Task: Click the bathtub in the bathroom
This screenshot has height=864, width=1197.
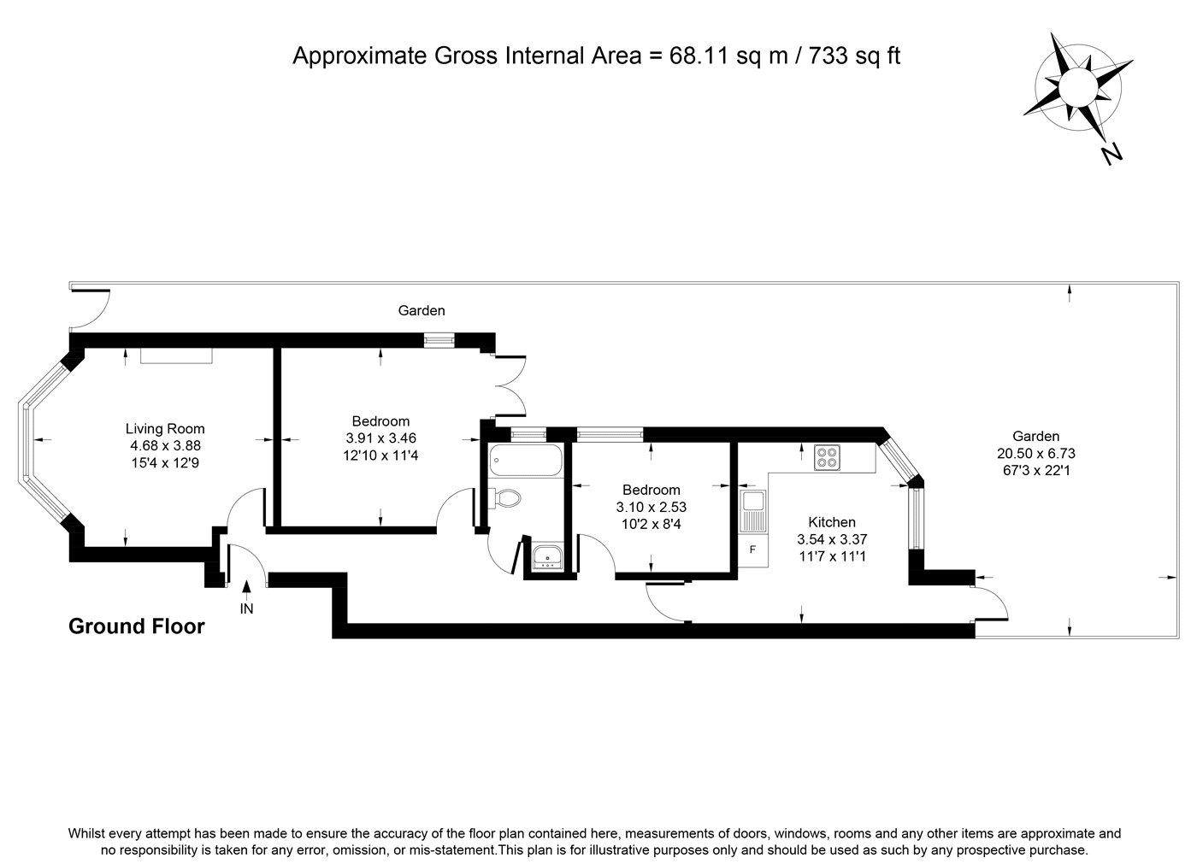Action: (526, 460)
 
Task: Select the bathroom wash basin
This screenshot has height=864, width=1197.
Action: (547, 556)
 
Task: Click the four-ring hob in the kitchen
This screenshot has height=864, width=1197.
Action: (827, 457)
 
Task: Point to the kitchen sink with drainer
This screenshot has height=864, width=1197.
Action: (753, 512)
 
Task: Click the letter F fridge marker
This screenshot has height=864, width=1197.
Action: (752, 550)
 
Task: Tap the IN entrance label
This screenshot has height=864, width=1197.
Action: (246, 608)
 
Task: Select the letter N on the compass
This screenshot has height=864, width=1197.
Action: (1111, 155)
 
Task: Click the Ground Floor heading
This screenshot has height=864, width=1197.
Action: (136, 626)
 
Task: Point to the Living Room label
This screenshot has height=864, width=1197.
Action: (165, 428)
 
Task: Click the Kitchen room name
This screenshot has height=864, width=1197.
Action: (831, 521)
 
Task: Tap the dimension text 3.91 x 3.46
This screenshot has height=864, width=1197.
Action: (380, 438)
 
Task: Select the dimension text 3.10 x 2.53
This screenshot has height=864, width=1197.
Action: (651, 507)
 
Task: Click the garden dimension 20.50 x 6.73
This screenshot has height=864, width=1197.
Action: (1035, 453)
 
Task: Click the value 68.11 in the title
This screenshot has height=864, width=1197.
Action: (699, 56)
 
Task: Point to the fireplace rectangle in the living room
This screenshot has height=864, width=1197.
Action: (176, 356)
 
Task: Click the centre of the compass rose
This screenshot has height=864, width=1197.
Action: (1078, 86)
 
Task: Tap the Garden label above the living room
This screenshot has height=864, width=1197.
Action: (421, 310)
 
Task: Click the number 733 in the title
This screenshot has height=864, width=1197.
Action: (828, 56)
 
